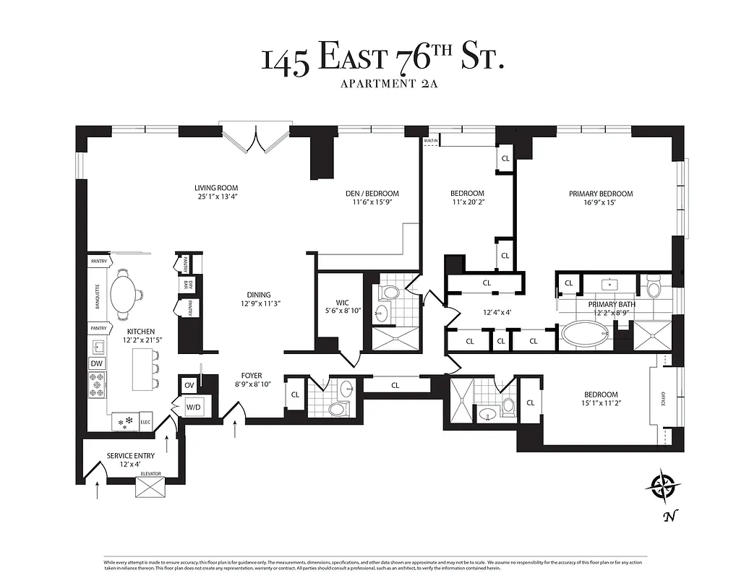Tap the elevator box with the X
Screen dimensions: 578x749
click(151, 488)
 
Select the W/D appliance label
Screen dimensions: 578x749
click(194, 407)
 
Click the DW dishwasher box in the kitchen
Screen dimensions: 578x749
click(97, 363)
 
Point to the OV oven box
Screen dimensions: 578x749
click(189, 385)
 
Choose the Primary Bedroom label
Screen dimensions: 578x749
click(600, 194)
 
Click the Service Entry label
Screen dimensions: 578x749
click(130, 455)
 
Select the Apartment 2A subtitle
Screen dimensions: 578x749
click(382, 84)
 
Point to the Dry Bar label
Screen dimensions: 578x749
click(186, 284)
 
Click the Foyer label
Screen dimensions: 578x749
click(252, 376)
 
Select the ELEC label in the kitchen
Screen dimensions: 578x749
click(145, 421)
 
